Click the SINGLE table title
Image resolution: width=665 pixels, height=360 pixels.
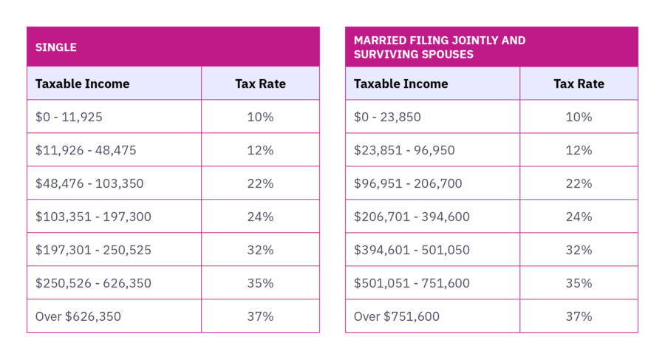(56, 47)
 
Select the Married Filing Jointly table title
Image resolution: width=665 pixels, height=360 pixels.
(440, 47)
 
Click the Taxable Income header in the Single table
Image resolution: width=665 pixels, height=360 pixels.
(82, 84)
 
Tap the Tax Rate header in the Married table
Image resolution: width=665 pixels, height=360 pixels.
(579, 84)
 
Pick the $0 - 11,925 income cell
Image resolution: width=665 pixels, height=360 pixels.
(70, 117)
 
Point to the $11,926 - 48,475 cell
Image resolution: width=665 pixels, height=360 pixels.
(86, 150)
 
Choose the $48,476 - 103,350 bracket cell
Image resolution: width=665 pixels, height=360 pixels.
(89, 183)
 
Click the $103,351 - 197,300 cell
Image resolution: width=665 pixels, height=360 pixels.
(93, 217)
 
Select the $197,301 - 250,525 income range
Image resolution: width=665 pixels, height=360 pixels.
(93, 250)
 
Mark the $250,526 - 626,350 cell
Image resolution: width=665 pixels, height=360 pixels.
(93, 283)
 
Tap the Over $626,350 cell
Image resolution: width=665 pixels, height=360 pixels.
(78, 316)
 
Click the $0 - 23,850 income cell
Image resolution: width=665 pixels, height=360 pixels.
(389, 117)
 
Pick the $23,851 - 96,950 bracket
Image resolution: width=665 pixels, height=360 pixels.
(404, 150)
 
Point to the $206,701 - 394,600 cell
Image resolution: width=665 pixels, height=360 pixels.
(412, 217)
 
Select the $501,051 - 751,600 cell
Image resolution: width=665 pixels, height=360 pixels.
(412, 283)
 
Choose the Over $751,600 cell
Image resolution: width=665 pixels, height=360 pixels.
(397, 316)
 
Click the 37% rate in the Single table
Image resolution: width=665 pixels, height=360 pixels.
(260, 316)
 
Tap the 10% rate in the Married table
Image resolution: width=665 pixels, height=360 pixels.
(579, 117)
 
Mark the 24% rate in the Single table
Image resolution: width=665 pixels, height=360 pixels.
(260, 217)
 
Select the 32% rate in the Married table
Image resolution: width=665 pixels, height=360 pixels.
(579, 250)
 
